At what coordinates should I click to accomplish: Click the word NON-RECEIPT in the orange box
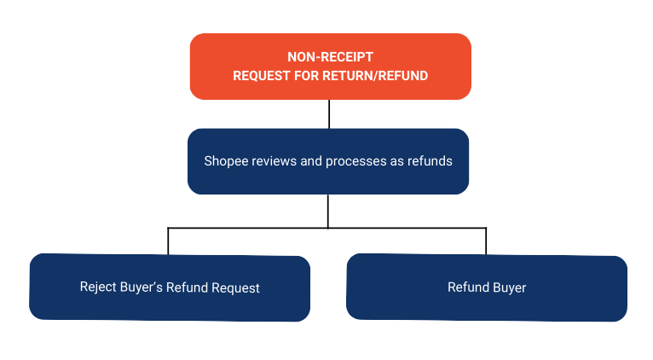point(330,58)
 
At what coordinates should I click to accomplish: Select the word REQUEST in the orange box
point(262,75)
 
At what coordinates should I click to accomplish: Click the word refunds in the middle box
point(430,160)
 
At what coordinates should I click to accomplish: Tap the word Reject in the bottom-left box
point(98,287)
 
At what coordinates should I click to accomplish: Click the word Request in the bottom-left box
point(235,287)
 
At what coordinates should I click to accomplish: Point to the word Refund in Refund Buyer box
point(466,287)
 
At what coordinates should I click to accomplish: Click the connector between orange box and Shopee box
point(328,113)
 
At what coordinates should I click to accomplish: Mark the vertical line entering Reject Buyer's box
point(169,241)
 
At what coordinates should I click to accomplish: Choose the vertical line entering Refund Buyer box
point(486,241)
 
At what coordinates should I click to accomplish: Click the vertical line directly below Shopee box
point(328,211)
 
